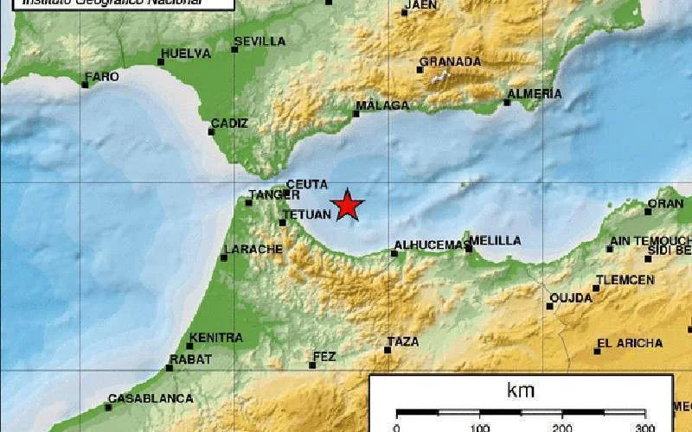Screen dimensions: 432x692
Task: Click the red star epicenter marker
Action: tap(348, 205)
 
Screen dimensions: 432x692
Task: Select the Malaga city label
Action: tap(382, 105)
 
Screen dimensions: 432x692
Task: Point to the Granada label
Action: tap(450, 61)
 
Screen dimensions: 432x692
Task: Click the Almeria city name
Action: tap(535, 93)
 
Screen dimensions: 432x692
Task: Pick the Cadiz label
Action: tap(228, 124)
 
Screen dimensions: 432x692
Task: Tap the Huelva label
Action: tap(186, 53)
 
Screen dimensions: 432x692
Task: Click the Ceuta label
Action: tap(307, 183)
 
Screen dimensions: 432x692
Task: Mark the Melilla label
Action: tap(497, 240)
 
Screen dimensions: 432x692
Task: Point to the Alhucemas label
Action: tap(430, 245)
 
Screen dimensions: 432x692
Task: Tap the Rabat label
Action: tap(190, 359)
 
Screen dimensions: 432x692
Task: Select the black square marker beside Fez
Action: tap(312, 365)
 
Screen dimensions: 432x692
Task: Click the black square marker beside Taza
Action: tap(388, 350)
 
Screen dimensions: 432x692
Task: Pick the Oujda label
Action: tap(572, 298)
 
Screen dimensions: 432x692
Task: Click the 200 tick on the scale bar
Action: tap(561, 427)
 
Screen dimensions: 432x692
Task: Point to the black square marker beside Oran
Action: tap(648, 211)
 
